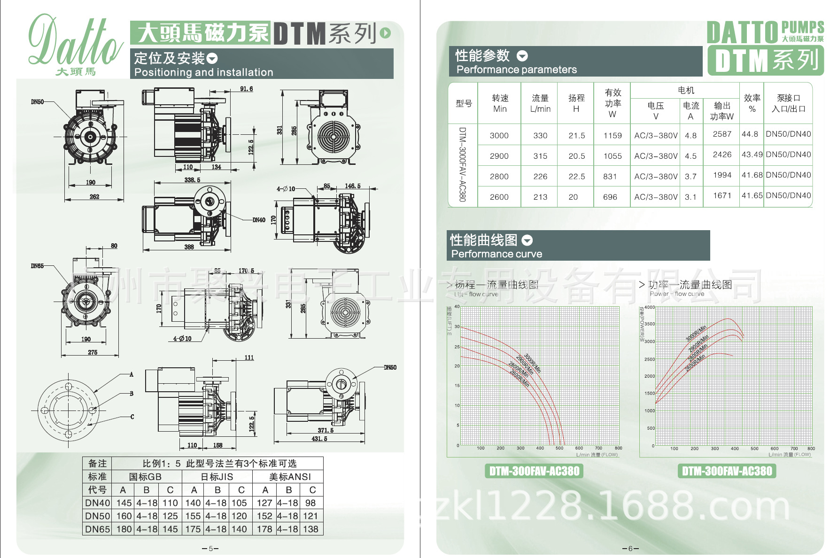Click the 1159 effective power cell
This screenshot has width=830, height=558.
click(612, 135)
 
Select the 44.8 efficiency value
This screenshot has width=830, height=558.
click(750, 134)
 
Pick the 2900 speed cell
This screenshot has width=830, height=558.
click(499, 156)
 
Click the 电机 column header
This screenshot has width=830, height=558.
click(686, 90)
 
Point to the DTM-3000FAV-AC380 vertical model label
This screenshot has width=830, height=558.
click(462, 164)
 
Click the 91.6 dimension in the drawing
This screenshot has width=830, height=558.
click(246, 89)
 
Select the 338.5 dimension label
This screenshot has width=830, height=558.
click(192, 180)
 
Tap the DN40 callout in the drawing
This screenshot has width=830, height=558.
click(259, 220)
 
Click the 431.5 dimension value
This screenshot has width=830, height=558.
click(319, 439)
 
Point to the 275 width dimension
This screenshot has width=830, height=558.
click(93, 352)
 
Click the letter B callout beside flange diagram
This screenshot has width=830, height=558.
click(132, 394)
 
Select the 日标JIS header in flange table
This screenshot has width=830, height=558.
click(217, 477)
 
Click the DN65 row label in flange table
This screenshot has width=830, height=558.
click(97, 529)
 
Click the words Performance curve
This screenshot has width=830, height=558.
click(496, 254)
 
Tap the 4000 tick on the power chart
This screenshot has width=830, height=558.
click(649, 307)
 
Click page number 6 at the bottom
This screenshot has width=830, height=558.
click(630, 549)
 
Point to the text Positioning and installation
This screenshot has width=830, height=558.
click(203, 72)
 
